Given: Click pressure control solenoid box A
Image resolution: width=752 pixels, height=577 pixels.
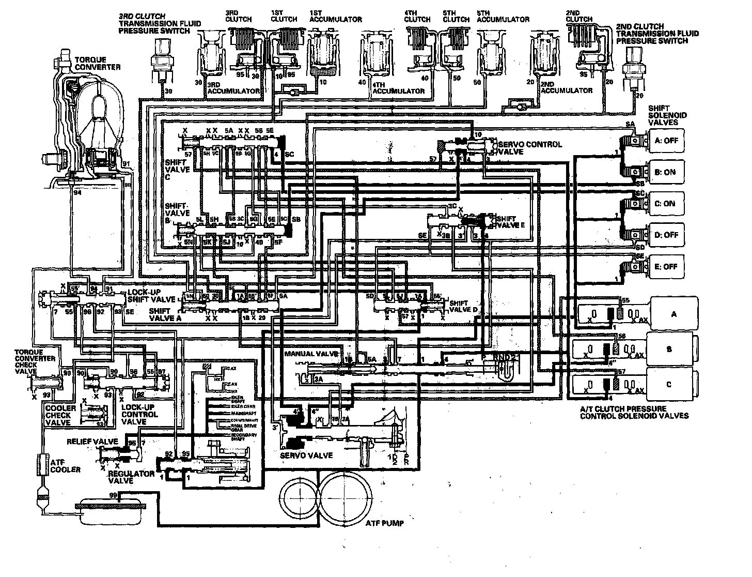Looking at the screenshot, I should point(673,314).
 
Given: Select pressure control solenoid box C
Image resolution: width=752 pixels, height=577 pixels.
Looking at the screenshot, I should point(669,384).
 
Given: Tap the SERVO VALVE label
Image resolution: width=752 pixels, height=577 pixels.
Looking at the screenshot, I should point(306,455).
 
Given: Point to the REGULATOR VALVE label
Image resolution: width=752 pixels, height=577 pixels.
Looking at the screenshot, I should point(131,477).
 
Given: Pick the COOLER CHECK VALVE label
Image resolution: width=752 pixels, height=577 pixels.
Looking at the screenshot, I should point(57,415).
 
